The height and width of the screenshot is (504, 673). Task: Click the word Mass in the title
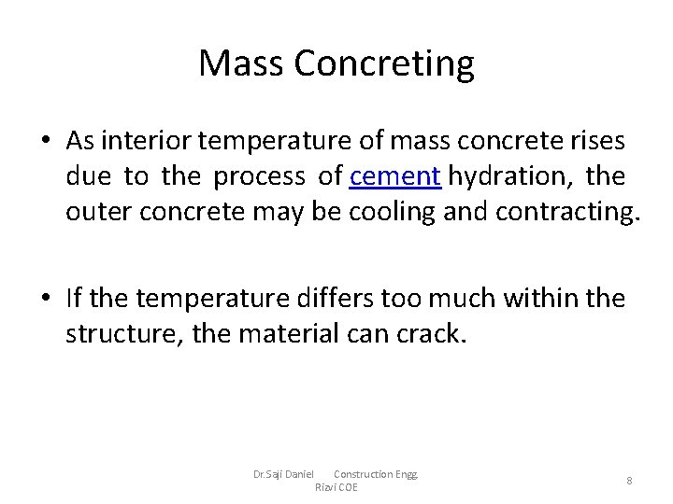coord(241,63)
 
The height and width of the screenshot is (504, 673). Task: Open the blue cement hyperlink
coord(395,176)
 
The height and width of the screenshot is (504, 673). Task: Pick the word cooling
coord(390,213)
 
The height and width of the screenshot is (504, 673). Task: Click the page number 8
coord(629,481)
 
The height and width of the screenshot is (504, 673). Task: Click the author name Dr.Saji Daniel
coord(283,474)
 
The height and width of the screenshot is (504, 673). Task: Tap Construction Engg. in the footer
coord(376,474)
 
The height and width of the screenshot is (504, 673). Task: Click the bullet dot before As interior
coord(46,142)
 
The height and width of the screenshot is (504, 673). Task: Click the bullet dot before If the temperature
coord(46,300)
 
